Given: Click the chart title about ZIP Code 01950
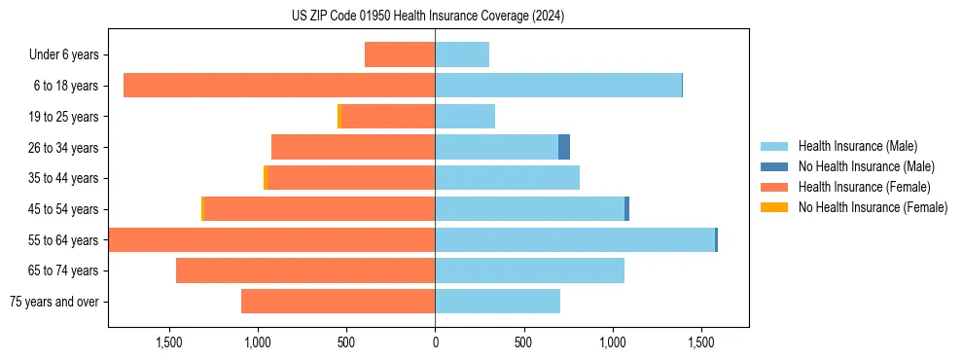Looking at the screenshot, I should coord(428,17).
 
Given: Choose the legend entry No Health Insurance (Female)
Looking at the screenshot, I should coord(873,207).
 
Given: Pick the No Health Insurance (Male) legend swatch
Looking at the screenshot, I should coord(774,166).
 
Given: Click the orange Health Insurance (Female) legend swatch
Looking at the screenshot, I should coord(774,187).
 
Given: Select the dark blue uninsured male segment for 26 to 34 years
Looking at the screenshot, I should coord(564,147).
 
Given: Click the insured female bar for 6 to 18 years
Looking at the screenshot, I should coord(279,86).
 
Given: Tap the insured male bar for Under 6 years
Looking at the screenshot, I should coord(462,54).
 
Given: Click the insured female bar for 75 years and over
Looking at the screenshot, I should coord(338,302).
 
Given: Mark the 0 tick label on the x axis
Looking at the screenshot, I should coord(435,343).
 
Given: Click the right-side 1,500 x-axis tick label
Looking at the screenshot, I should coord(701,343).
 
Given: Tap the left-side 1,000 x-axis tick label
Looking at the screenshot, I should coord(258,343).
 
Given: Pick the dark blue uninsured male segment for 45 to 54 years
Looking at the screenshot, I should coord(626,209).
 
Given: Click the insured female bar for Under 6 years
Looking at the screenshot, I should coord(400,54).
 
